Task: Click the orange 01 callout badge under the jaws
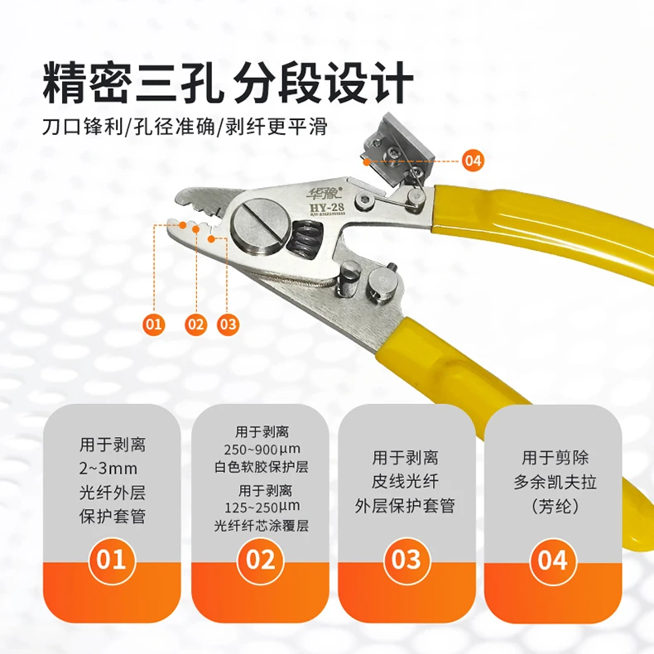(153, 325)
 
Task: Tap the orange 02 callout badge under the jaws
(195, 325)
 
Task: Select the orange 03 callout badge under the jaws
(228, 325)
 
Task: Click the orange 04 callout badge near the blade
(473, 161)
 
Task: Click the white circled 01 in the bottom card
(112, 560)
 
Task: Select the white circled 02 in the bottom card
(260, 560)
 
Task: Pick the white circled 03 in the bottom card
(406, 560)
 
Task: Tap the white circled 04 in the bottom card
(553, 560)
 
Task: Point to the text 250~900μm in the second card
(260, 449)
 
